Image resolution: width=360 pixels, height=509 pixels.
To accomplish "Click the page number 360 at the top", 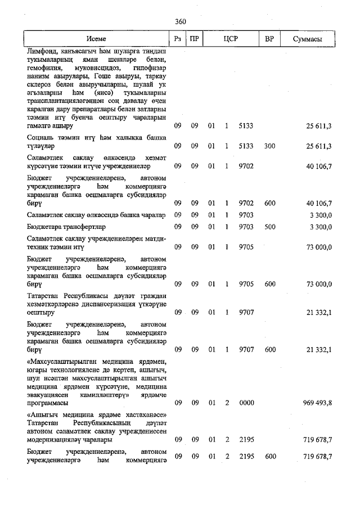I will coord(180,21).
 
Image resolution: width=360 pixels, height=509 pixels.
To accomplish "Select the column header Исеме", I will coord(96,40).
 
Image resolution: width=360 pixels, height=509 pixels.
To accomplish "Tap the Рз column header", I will coord(177,40).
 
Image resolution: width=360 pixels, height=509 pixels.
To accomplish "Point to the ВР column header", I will coord(269,40).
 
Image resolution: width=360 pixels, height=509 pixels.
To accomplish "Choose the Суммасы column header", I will coord(308,40).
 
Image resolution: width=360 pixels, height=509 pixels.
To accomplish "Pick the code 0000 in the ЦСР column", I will coord(246,403).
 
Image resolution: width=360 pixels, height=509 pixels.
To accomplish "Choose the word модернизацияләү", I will coord(56,439).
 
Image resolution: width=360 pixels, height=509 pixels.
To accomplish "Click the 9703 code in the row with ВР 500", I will coord(246,227).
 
